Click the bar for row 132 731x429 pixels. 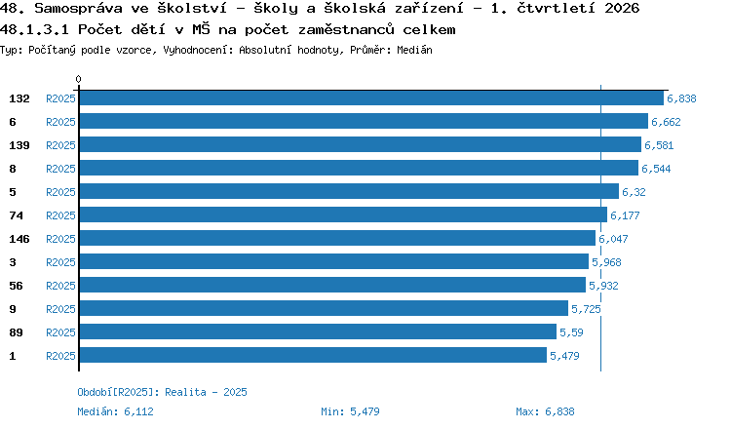point(371,98)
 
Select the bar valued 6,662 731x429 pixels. point(364,121)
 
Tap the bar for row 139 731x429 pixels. point(361,144)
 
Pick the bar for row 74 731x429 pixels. point(344,214)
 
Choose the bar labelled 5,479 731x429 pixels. point(313,355)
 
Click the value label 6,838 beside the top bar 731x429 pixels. point(681,98)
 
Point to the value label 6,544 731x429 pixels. point(656,169)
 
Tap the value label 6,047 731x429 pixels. point(613,239)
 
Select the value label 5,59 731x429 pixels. point(571,332)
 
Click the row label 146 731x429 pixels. point(19,239)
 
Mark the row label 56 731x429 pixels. point(16,286)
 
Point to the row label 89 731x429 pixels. point(16,332)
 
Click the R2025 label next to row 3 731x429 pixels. point(60,262)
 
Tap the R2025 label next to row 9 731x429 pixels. point(60,309)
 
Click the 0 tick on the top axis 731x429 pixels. point(78,79)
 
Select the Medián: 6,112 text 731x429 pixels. point(115,411)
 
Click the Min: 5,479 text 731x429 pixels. point(350,411)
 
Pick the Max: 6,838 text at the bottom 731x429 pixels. point(545,411)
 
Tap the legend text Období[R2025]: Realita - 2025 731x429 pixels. point(162,392)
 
